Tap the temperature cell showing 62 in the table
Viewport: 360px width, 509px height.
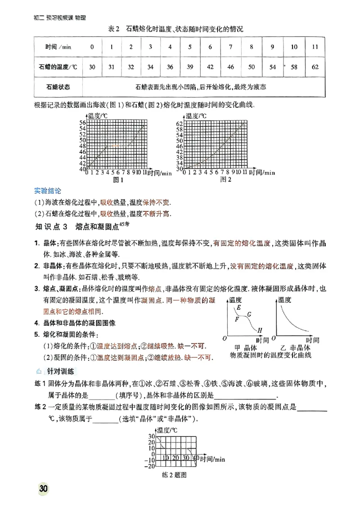click(x=315, y=67)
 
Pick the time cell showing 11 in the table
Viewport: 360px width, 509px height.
click(x=315, y=47)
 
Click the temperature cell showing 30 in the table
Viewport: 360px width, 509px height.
click(x=92, y=67)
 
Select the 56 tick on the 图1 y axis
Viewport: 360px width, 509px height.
click(x=82, y=123)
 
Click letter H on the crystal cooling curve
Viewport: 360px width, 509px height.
click(x=260, y=329)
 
